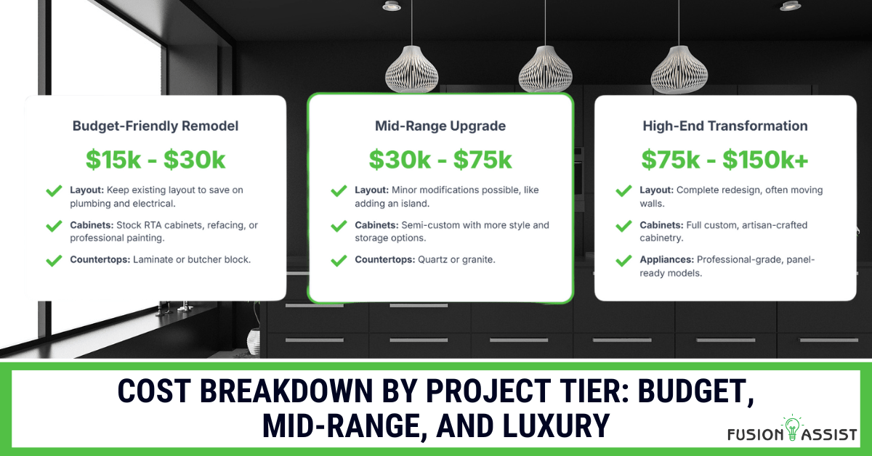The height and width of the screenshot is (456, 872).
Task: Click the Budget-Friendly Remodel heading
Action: tap(156, 126)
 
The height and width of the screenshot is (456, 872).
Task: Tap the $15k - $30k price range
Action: tap(156, 160)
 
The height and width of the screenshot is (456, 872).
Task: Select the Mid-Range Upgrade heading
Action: tap(440, 126)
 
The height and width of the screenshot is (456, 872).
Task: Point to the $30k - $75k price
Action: tap(440, 160)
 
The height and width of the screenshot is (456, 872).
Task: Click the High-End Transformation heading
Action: tap(725, 126)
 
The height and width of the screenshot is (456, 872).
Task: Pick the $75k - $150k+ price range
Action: tap(725, 160)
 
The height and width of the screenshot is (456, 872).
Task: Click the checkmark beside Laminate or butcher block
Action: tap(54, 260)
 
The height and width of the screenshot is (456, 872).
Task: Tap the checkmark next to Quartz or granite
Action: tap(339, 260)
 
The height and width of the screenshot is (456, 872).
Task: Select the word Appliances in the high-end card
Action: tap(666, 259)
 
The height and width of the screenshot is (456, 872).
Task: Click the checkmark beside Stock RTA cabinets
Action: tap(54, 226)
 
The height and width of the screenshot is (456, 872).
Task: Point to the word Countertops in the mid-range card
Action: tap(384, 259)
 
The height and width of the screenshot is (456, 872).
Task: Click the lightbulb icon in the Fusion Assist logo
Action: tap(792, 427)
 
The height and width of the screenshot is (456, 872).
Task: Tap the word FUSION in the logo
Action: tap(755, 434)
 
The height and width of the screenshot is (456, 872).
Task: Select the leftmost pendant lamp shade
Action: tap(412, 69)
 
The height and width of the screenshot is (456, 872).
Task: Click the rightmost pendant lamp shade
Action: tap(679, 70)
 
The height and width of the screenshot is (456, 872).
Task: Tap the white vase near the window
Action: tap(254, 342)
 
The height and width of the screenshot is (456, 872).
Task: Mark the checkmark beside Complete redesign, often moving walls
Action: tap(623, 191)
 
